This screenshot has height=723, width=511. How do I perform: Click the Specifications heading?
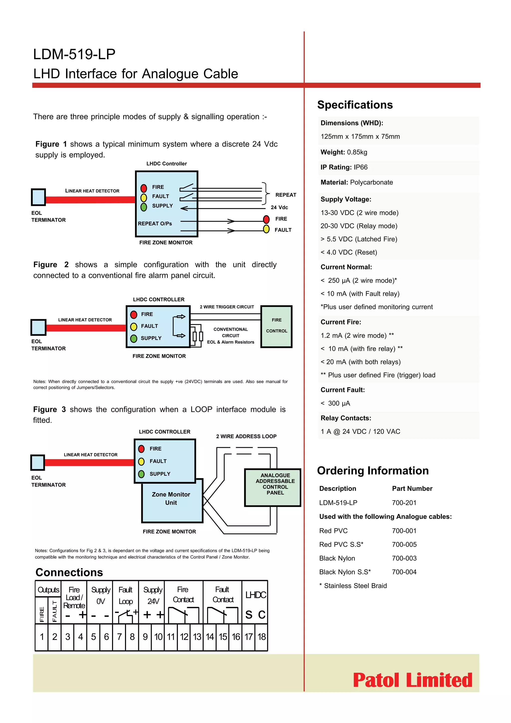pyautogui.click(x=355, y=105)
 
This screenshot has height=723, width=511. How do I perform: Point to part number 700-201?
pyautogui.click(x=404, y=503)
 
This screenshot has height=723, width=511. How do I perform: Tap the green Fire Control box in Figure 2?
pyautogui.click(x=276, y=326)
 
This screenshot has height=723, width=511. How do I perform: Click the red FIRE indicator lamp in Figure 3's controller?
pyautogui.click(x=141, y=449)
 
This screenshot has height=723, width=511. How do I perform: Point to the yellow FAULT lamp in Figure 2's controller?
pyautogui.click(x=134, y=326)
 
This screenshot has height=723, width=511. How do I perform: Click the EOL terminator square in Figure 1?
pyautogui.click(x=38, y=197)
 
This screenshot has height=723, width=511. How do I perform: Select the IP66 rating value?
pyautogui.click(x=361, y=167)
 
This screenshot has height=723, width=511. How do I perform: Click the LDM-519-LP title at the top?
pyautogui.click(x=74, y=54)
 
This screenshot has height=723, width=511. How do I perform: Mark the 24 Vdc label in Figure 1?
pyautogui.click(x=279, y=207)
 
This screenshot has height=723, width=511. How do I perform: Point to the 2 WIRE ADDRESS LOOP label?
pyautogui.click(x=246, y=436)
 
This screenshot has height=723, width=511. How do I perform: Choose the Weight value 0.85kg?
pyautogui.click(x=357, y=152)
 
